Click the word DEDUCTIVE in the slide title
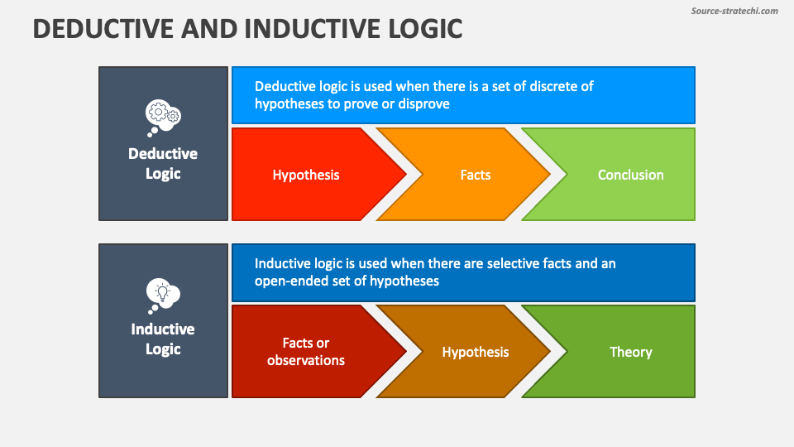pos(103,29)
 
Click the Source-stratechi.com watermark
pos(734,11)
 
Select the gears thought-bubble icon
pos(163,118)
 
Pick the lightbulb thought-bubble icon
pos(163,296)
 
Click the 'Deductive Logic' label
pos(163,163)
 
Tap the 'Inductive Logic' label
pos(163,339)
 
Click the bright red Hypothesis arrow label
pos(306,175)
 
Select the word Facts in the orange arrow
pos(476,175)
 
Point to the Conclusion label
pos(630,175)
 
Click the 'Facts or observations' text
pos(306,351)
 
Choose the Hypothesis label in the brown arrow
pos(476,353)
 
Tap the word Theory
pos(630,353)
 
